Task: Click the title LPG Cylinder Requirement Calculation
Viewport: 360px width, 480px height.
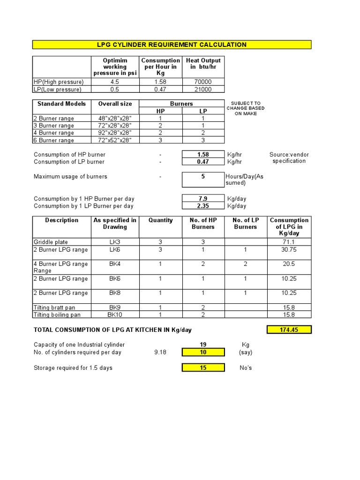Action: click(172, 45)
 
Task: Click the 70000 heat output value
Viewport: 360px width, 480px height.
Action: click(203, 82)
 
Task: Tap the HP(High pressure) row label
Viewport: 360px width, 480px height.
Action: click(59, 82)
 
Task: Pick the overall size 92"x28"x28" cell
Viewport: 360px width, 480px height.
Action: click(115, 133)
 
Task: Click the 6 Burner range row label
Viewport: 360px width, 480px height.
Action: click(54, 140)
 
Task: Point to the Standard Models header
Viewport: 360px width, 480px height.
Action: click(61, 104)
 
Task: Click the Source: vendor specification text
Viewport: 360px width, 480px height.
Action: click(289, 158)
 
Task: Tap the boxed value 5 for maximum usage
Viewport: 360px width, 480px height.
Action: click(203, 177)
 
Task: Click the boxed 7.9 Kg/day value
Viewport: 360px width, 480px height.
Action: click(203, 199)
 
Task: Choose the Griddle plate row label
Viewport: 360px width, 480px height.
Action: click(51, 242)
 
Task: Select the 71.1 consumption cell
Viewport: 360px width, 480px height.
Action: click(289, 242)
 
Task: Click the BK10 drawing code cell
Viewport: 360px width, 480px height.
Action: click(115, 315)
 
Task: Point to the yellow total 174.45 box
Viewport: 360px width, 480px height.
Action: click(289, 330)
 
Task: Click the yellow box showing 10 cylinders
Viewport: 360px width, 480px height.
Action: click(203, 352)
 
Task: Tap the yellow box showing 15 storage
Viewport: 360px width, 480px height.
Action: click(203, 368)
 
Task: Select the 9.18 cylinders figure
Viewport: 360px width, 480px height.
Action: click(160, 352)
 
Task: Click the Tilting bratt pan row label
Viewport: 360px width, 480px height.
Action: click(54, 307)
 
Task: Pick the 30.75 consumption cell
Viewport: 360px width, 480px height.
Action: click(289, 250)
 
